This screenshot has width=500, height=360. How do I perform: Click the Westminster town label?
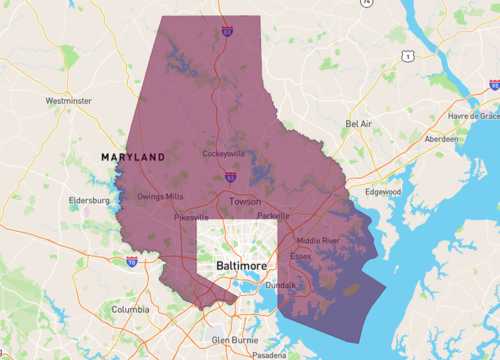(69, 101)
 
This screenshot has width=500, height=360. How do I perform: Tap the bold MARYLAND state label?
(133, 158)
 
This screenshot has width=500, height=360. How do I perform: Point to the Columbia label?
(130, 310)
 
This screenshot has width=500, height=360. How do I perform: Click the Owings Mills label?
(161, 196)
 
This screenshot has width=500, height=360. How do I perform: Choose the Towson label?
(245, 201)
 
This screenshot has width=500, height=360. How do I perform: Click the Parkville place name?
(273, 215)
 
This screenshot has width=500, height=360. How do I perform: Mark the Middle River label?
(318, 240)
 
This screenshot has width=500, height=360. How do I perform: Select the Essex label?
(300, 256)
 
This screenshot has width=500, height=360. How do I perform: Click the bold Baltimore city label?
(241, 266)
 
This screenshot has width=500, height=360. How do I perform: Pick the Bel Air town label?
(359, 124)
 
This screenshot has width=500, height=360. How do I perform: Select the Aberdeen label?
(441, 139)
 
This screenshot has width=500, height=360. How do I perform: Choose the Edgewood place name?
(383, 191)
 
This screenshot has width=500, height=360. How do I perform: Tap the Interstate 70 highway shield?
(131, 261)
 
